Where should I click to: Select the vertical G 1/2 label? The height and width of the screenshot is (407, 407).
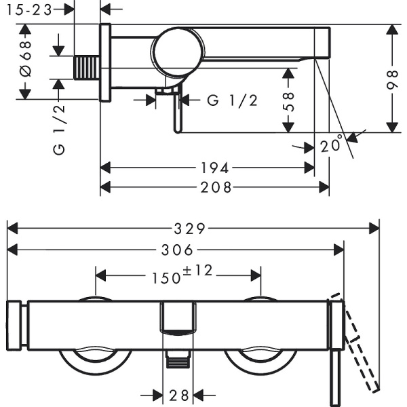[x=59, y=130]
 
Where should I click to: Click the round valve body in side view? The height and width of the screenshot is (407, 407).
[x=177, y=52]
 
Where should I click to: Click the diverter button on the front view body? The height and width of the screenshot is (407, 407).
[x=178, y=318]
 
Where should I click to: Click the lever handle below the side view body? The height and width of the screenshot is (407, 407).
[x=177, y=112]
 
